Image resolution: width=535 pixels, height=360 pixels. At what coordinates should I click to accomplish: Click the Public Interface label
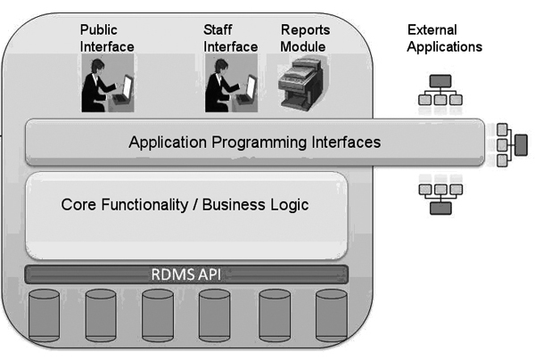[107, 37]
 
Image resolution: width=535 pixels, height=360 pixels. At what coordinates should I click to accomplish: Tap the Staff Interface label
[230, 37]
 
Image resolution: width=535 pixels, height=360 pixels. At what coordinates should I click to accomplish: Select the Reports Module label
[304, 37]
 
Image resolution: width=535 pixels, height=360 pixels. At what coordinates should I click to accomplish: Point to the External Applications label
[444, 38]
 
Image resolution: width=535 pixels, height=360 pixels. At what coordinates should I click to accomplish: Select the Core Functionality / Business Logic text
[185, 204]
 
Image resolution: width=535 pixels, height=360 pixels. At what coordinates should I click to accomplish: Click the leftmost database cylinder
[45, 315]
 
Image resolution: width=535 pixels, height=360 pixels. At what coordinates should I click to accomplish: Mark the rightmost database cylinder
[330, 315]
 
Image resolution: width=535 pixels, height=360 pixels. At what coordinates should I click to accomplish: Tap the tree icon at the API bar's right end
[510, 143]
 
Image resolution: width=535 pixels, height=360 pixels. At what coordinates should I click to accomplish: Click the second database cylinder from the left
[101, 315]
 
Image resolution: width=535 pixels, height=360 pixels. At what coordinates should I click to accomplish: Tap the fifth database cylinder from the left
[274, 315]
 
